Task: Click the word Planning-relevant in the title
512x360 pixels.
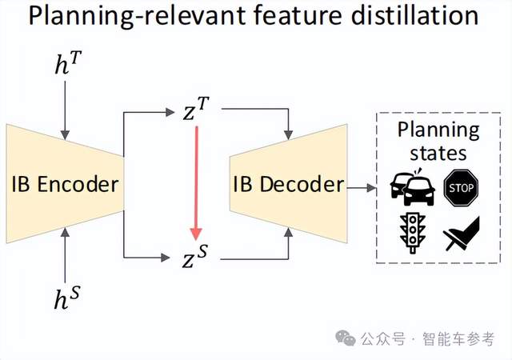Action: click(x=120, y=17)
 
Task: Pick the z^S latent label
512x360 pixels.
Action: click(x=197, y=258)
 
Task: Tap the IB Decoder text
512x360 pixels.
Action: click(x=288, y=186)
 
